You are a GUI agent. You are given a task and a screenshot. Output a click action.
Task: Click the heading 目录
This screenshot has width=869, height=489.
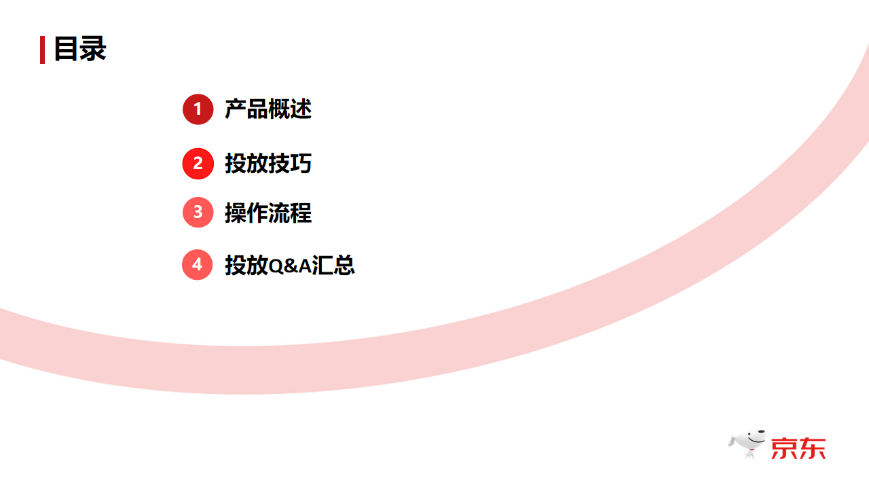point(80,50)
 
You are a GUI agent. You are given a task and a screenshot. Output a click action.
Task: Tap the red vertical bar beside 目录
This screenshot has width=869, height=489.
point(42,50)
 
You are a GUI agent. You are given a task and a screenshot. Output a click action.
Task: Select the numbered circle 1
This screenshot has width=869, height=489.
point(198,109)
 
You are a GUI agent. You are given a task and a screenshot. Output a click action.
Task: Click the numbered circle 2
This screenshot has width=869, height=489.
point(198,163)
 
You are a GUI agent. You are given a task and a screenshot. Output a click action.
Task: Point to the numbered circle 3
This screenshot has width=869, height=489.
point(198,213)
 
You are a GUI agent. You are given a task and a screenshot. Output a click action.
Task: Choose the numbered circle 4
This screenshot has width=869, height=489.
point(198,264)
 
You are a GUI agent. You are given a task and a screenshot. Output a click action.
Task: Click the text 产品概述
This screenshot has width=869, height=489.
point(268,109)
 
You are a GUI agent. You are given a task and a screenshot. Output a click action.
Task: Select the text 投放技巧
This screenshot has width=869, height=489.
point(268,163)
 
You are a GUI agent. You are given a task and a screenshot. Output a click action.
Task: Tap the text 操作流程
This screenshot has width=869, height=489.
point(268,213)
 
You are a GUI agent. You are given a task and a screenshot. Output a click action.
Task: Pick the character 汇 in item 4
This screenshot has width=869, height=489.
point(322,265)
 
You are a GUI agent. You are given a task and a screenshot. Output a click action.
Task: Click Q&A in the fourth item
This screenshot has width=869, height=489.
point(290,266)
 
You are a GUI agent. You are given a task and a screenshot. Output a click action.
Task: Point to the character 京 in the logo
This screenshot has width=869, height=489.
point(784,448)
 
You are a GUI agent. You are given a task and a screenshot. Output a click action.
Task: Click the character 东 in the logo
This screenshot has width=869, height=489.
point(813,448)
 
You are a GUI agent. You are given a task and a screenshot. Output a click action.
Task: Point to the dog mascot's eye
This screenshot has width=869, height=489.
point(749,435)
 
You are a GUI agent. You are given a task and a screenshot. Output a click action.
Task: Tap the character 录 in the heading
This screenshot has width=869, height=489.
point(93,50)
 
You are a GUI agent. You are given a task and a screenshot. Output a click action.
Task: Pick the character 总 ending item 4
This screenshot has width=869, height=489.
point(344,265)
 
